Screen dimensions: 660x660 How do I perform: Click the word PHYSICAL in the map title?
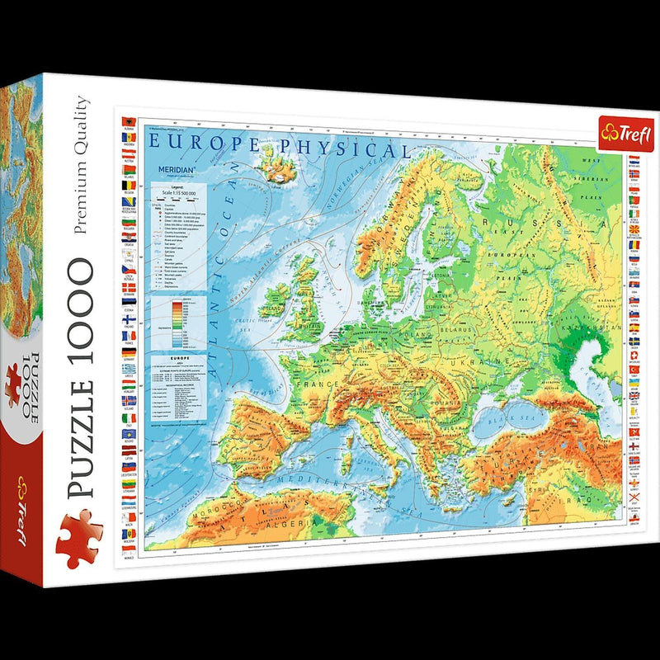coord(353,148)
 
